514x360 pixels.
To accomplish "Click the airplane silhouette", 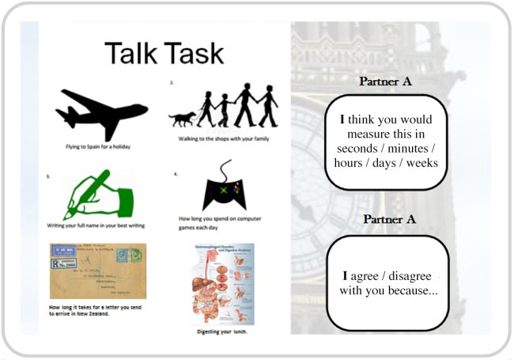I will click(x=102, y=113).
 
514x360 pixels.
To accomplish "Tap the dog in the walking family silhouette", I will click(x=183, y=118).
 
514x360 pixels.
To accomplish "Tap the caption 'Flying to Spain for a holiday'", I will click(x=99, y=146).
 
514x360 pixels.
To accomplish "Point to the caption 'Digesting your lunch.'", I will click(x=222, y=332).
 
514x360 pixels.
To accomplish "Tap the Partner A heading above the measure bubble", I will click(x=386, y=81).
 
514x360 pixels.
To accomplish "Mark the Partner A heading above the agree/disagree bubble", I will click(x=386, y=219).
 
